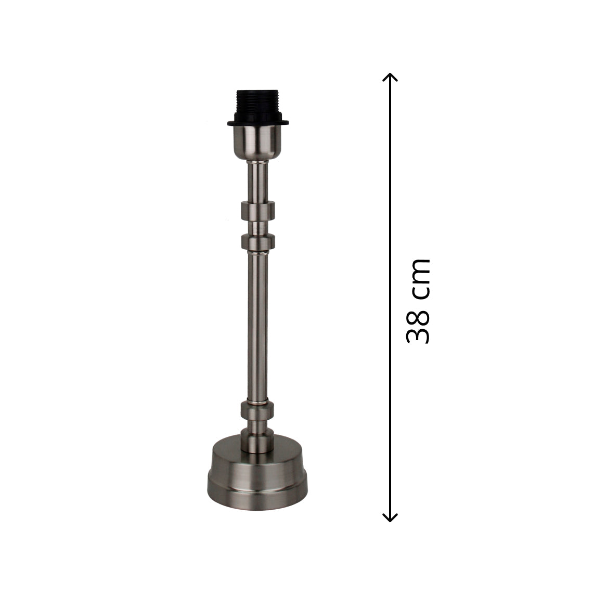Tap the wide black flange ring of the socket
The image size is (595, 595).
click(257, 123)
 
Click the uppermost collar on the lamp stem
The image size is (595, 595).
click(257, 211)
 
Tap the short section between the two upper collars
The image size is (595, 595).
click(257, 227)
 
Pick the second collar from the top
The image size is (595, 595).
click(257, 242)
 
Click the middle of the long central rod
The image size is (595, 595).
click(257, 328)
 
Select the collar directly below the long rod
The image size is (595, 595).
click(257, 410)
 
